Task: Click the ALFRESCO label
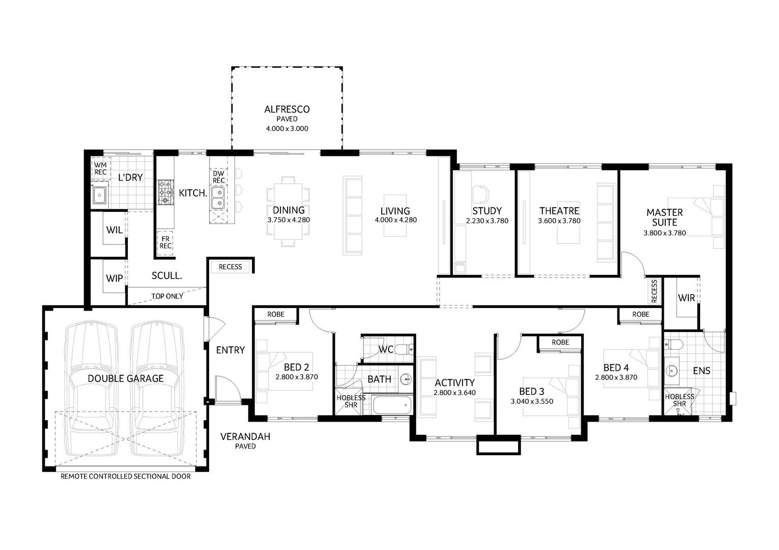click(287, 109)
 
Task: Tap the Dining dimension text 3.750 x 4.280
click(289, 220)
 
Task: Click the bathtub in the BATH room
click(392, 405)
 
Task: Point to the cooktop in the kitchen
click(166, 191)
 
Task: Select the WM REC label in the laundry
click(100, 169)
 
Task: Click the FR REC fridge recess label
click(165, 242)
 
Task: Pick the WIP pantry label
click(114, 279)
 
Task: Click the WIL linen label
click(114, 230)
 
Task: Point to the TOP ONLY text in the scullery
click(167, 296)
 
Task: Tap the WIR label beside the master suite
click(686, 298)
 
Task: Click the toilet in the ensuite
click(674, 344)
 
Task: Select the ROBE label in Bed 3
click(560, 342)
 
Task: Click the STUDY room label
click(487, 210)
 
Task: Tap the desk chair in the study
click(480, 193)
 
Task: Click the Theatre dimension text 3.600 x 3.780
click(559, 221)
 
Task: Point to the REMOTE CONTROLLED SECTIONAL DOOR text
click(125, 477)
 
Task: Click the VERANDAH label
click(245, 436)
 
